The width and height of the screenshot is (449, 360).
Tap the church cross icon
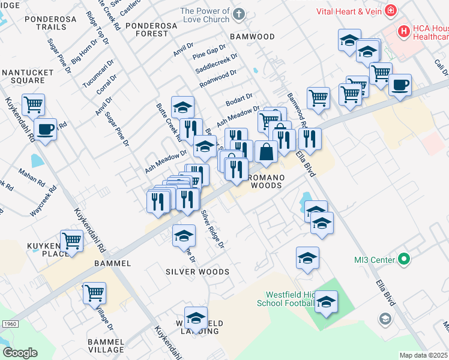pyautogui.click(x=239, y=13)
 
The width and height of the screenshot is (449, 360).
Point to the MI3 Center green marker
pyautogui.click(x=405, y=259)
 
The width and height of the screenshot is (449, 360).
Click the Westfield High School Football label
pyautogui.click(x=282, y=299)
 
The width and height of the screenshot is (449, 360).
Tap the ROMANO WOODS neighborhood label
pyautogui.click(x=265, y=181)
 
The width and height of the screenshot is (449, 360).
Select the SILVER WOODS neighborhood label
pyautogui.click(x=197, y=272)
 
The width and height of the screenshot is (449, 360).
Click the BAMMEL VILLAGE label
pyautogui.click(x=106, y=345)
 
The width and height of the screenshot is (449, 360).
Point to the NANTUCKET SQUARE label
pyautogui.click(x=28, y=77)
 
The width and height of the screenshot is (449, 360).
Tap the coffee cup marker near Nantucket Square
pyautogui.click(x=45, y=128)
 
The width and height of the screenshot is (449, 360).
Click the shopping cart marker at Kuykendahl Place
pyautogui.click(x=72, y=241)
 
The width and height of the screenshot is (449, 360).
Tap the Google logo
pyautogui.click(x=20, y=353)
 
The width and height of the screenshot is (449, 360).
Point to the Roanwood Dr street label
pyautogui.click(x=218, y=78)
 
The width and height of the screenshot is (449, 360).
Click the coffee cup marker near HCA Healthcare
pyautogui.click(x=400, y=85)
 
